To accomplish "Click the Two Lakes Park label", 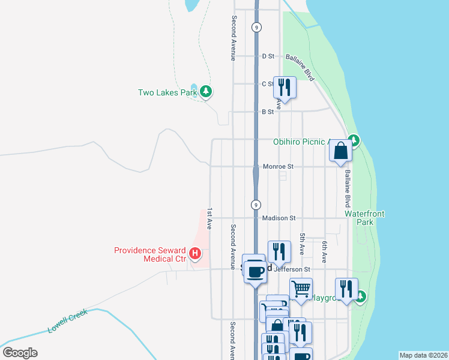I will (x=167, y=92).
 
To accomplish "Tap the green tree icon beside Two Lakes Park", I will (x=206, y=92).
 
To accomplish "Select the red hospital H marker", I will (x=194, y=254).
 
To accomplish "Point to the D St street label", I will (x=268, y=56).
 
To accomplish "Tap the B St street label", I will (x=268, y=112).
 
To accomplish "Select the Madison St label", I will (x=277, y=218).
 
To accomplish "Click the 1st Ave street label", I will (x=209, y=219).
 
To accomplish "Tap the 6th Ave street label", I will (x=324, y=252).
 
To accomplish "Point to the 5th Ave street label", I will (x=303, y=245).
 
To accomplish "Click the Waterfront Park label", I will (x=364, y=218).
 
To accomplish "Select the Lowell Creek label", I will (x=68, y=321).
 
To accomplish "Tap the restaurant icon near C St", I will (x=284, y=87).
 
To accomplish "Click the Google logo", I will (x=20, y=353).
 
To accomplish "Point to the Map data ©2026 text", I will (x=423, y=355).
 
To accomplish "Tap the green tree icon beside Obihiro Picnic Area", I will (x=354, y=140).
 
